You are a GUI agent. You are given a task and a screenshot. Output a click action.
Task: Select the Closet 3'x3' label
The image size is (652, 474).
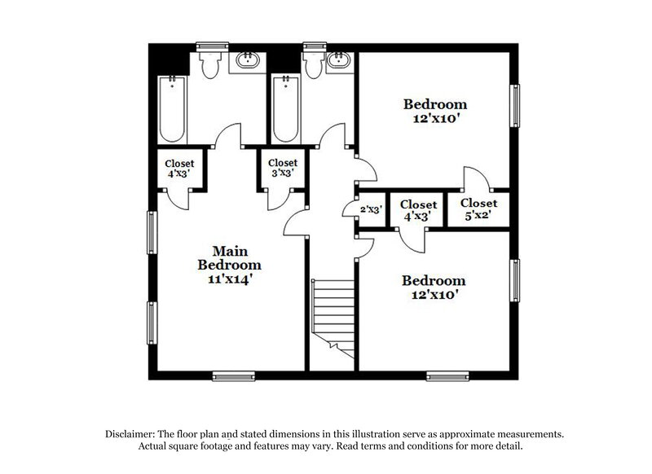pos(283,168)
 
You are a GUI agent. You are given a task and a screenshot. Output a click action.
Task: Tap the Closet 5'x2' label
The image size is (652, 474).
pos(478,208)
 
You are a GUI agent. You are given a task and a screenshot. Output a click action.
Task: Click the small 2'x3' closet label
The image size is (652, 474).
pos(372,210)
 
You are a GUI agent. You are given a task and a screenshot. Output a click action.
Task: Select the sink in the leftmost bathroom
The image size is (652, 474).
pos(244,59)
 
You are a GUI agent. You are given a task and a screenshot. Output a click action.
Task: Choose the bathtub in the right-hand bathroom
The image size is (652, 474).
pos(285,108)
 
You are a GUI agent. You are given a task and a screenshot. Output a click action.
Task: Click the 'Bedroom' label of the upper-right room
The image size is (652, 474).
pos(435,104)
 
